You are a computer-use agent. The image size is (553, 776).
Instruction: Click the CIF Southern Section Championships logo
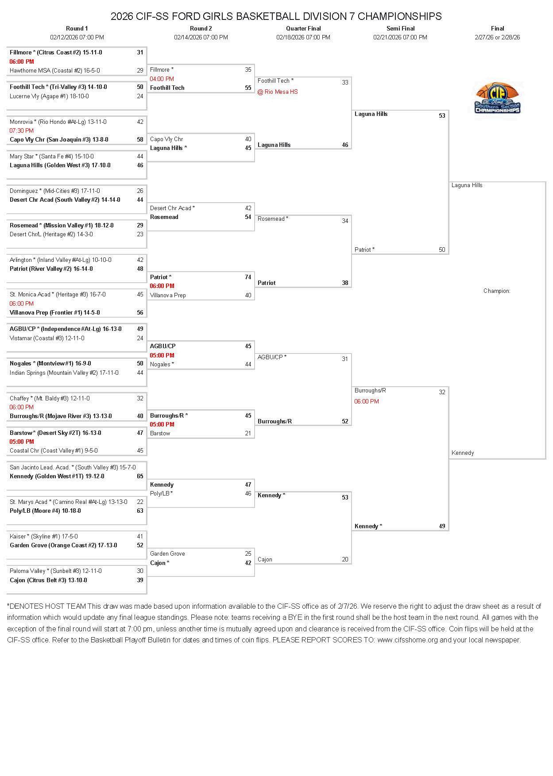(497, 98)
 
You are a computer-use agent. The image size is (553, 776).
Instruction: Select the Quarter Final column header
(303, 28)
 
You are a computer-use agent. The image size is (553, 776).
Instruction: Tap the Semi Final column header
(400, 28)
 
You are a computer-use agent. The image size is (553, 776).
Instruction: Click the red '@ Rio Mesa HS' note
(278, 92)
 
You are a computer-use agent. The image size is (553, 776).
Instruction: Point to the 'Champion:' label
(497, 291)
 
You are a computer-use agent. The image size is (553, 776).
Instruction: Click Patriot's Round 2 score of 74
(248, 277)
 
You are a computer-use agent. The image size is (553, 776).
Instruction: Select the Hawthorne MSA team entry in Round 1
(55, 71)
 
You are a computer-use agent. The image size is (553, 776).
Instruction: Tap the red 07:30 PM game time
(22, 131)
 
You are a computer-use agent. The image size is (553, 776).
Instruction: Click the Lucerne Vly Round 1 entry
(49, 96)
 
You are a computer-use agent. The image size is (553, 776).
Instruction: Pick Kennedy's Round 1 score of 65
(140, 476)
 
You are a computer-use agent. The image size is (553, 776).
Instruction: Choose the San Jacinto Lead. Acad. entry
(73, 468)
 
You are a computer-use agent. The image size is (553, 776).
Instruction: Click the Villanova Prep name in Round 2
(168, 296)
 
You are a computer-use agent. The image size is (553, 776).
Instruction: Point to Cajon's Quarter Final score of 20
(345, 560)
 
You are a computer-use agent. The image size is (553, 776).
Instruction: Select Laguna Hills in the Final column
(467, 185)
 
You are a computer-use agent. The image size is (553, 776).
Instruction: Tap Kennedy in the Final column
(463, 453)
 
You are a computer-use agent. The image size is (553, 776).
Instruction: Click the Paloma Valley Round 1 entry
(56, 571)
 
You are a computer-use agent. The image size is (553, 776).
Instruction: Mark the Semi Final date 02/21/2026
(400, 38)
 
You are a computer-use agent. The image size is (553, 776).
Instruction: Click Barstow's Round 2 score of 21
(248, 434)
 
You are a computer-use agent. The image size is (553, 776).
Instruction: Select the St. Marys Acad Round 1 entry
(69, 502)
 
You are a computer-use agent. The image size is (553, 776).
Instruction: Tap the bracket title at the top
(276, 16)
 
